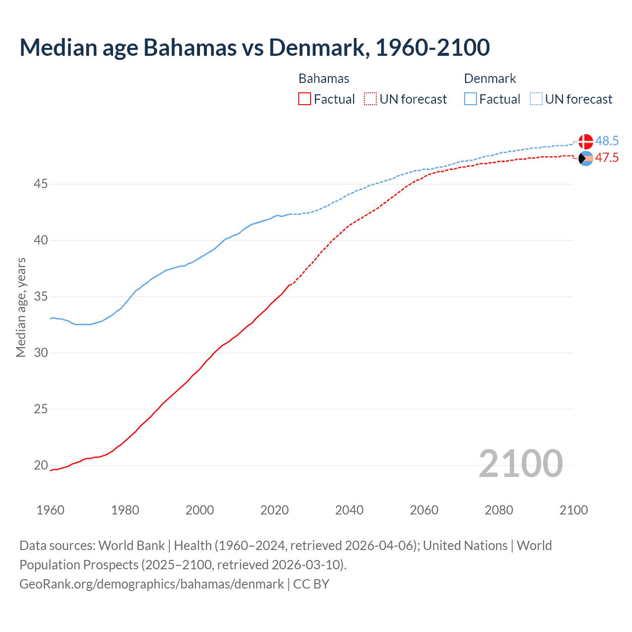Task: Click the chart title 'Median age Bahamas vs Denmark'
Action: pyautogui.click(x=254, y=47)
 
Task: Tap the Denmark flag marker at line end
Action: pyautogui.click(x=586, y=141)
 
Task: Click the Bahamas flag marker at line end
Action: pyautogui.click(x=586, y=158)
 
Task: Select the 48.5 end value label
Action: pyautogui.click(x=607, y=141)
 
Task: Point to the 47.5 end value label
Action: pyautogui.click(x=607, y=158)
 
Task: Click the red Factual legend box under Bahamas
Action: pyautogui.click(x=305, y=99)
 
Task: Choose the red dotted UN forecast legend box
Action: pyautogui.click(x=370, y=99)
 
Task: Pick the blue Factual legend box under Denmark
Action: pyautogui.click(x=471, y=99)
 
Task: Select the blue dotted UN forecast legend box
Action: pyautogui.click(x=536, y=99)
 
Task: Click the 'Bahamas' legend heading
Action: pyautogui.click(x=324, y=79)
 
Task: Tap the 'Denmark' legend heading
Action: pyautogui.click(x=490, y=79)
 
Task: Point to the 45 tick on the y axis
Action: pyautogui.click(x=40, y=184)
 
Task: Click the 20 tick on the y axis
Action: pyautogui.click(x=40, y=465)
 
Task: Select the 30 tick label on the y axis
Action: pyautogui.click(x=40, y=353)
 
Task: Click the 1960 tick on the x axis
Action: pyautogui.click(x=50, y=510)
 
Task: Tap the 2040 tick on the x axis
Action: pyautogui.click(x=349, y=510)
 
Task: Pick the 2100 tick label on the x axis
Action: pyautogui.click(x=573, y=510)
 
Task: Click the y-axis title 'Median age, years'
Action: pyautogui.click(x=21, y=307)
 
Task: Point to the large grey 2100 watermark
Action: pyautogui.click(x=520, y=464)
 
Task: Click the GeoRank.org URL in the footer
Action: pyautogui.click(x=152, y=584)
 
